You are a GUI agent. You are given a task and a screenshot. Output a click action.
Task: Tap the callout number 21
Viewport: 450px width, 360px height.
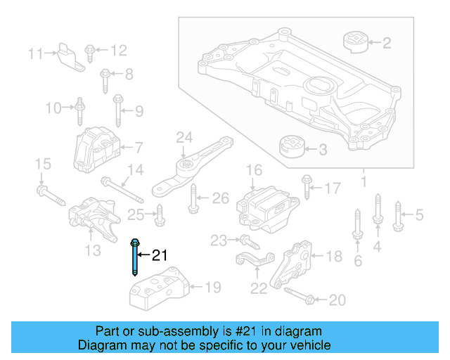[161, 255]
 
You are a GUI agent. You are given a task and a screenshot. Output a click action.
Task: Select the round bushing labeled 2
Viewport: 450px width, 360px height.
[356, 41]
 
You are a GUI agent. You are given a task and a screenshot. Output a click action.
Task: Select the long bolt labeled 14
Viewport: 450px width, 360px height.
[122, 191]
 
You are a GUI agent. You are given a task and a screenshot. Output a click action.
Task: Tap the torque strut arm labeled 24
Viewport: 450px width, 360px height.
[194, 166]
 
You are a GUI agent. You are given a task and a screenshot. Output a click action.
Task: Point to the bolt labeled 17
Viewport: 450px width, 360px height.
[307, 188]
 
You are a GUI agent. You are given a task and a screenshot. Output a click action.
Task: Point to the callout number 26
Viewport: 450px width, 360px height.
[221, 199]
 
